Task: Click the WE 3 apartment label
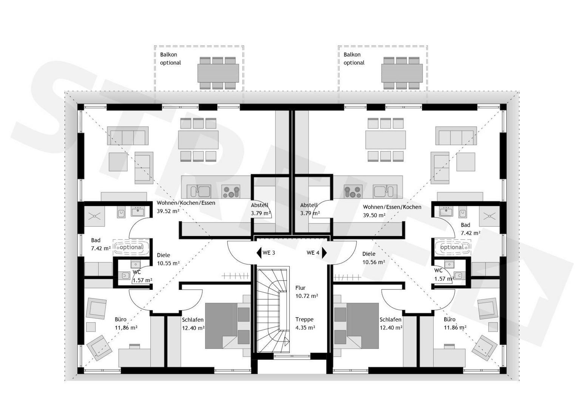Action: pyautogui.click(x=269, y=253)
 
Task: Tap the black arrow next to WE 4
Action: pyautogui.click(x=324, y=253)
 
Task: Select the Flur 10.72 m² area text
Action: pyautogui.click(x=307, y=292)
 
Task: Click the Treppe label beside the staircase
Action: pyautogui.click(x=304, y=319)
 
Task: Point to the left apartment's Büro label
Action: pyautogui.click(x=121, y=319)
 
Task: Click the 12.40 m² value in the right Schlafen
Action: pyautogui.click(x=391, y=328)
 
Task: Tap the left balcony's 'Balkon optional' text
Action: pyautogui.click(x=170, y=59)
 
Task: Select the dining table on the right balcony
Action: pyautogui.click(x=402, y=73)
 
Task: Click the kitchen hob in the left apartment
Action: pyautogui.click(x=231, y=192)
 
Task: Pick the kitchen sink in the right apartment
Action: pyautogui.click(x=385, y=192)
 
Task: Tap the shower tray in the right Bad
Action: pyautogui.click(x=489, y=216)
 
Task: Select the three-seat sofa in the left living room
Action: pyautogui.click(x=128, y=136)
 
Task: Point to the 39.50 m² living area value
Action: pyautogui.click(x=374, y=215)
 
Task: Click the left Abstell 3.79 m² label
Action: pyautogui.click(x=260, y=209)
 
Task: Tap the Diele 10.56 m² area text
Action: pyautogui.click(x=374, y=258)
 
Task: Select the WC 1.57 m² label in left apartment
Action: pyautogui.click(x=142, y=277)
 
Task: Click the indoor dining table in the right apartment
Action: pyautogui.click(x=386, y=140)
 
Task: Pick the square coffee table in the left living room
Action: pyautogui.click(x=118, y=162)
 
